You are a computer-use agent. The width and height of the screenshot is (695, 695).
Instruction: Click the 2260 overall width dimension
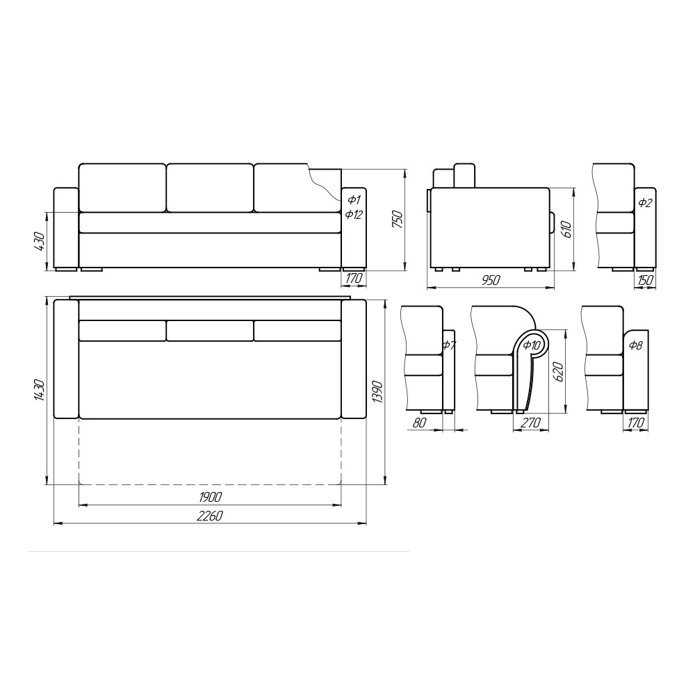(210, 516)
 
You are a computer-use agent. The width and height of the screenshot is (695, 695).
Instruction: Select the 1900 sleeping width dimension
(210, 497)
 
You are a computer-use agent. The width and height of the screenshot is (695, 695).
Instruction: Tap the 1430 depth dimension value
(39, 390)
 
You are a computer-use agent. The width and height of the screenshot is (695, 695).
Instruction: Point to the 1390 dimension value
(377, 391)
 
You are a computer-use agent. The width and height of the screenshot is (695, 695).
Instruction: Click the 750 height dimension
(398, 220)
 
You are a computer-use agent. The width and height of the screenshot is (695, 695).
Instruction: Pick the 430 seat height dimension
(39, 241)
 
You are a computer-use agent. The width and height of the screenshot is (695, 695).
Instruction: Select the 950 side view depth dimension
(490, 280)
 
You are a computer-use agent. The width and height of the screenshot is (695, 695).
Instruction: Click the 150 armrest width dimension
(645, 280)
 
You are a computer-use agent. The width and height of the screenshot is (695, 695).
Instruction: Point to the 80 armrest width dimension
(419, 423)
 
